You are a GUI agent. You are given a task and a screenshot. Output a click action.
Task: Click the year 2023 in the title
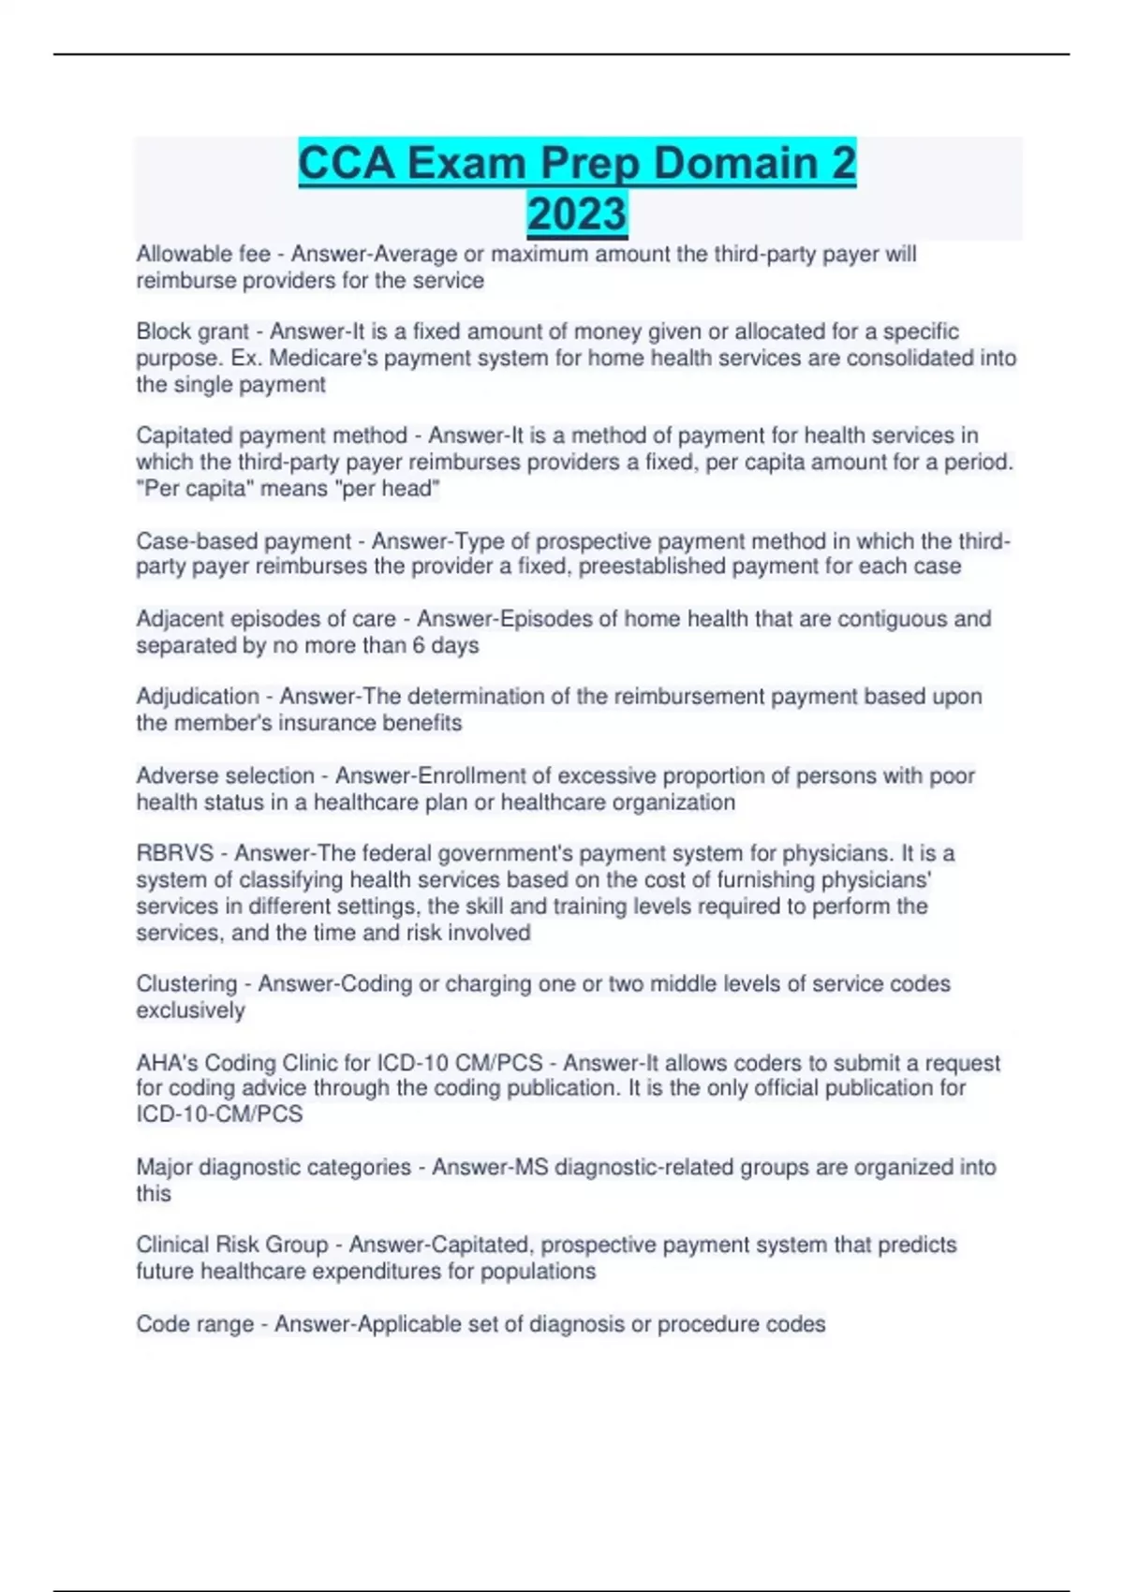(577, 214)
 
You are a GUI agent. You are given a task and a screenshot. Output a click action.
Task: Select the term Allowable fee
(203, 254)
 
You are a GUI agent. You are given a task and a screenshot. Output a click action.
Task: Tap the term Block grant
(193, 332)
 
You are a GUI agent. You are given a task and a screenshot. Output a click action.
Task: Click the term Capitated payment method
(272, 435)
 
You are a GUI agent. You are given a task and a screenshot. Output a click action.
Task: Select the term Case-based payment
(244, 541)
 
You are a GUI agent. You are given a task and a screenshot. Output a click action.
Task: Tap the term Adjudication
(198, 697)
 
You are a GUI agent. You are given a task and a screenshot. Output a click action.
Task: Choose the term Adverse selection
(225, 775)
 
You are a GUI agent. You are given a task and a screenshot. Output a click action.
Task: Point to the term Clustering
(186, 983)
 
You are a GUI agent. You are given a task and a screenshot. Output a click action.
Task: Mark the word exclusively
(190, 1010)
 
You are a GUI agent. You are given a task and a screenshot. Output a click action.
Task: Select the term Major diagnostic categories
(274, 1167)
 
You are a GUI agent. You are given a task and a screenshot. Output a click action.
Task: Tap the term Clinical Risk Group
(232, 1245)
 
